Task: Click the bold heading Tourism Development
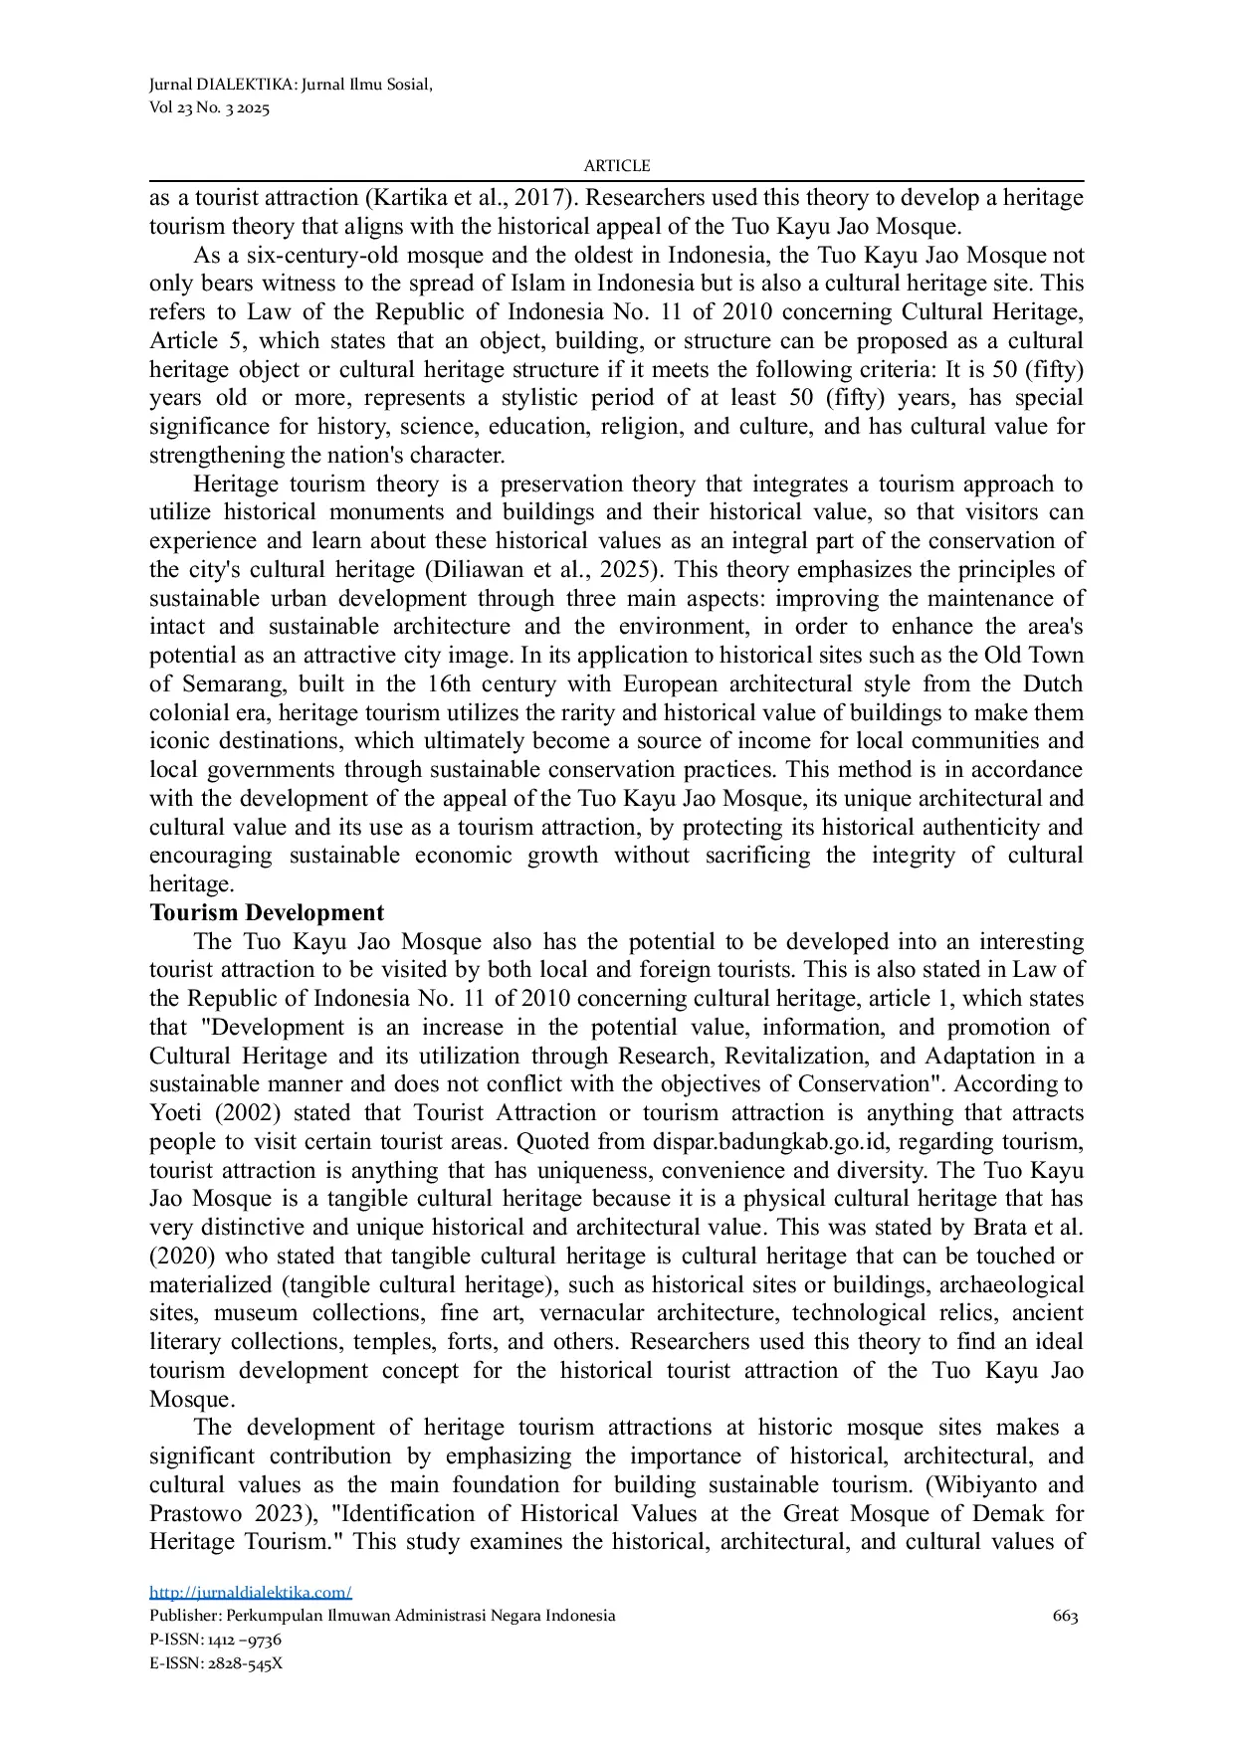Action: pos(267,912)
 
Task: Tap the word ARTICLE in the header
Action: pos(617,166)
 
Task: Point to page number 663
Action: pos(1065,1616)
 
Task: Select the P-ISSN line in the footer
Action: pos(215,1639)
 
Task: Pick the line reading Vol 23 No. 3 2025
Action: pos(209,108)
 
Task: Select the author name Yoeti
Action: pos(177,1112)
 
